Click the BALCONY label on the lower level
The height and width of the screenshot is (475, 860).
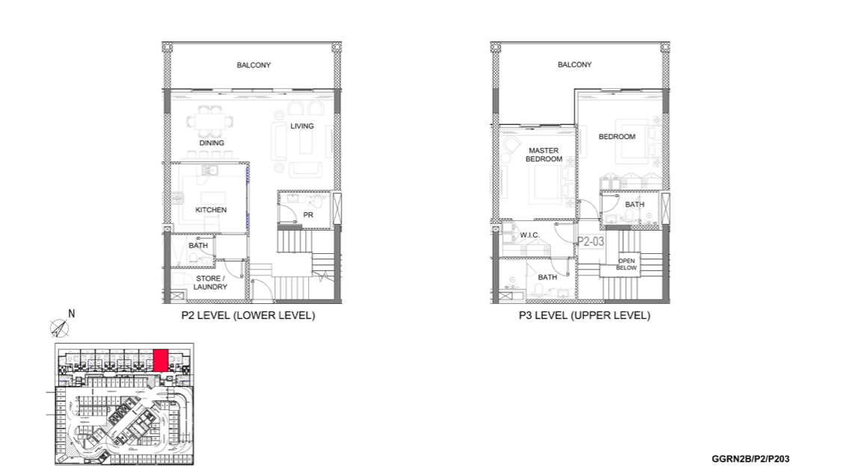[254, 65]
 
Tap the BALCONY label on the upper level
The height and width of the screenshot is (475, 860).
[575, 65]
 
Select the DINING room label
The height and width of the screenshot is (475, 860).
[212, 143]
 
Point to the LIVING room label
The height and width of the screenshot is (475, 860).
[302, 126]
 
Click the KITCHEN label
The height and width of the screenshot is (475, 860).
[211, 210]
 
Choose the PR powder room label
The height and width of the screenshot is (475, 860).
[308, 215]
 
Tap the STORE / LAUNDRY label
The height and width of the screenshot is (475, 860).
[210, 283]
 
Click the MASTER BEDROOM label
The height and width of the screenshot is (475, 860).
[544, 155]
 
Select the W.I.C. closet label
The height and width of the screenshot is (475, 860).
[529, 235]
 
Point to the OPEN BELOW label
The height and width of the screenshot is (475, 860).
[627, 264]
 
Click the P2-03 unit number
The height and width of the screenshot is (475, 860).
[591, 241]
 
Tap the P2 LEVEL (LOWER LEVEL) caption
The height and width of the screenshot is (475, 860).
[248, 316]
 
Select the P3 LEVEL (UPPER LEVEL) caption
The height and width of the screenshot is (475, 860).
[585, 316]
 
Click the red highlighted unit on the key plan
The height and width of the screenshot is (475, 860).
[161, 361]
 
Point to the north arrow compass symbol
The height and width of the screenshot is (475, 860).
[60, 328]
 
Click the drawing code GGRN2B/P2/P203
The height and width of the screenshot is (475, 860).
[751, 459]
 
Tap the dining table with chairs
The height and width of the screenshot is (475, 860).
[209, 122]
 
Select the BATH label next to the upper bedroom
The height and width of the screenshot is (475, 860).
[635, 205]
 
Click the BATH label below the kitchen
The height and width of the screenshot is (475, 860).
[198, 246]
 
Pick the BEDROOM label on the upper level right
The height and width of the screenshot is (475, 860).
[617, 137]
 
